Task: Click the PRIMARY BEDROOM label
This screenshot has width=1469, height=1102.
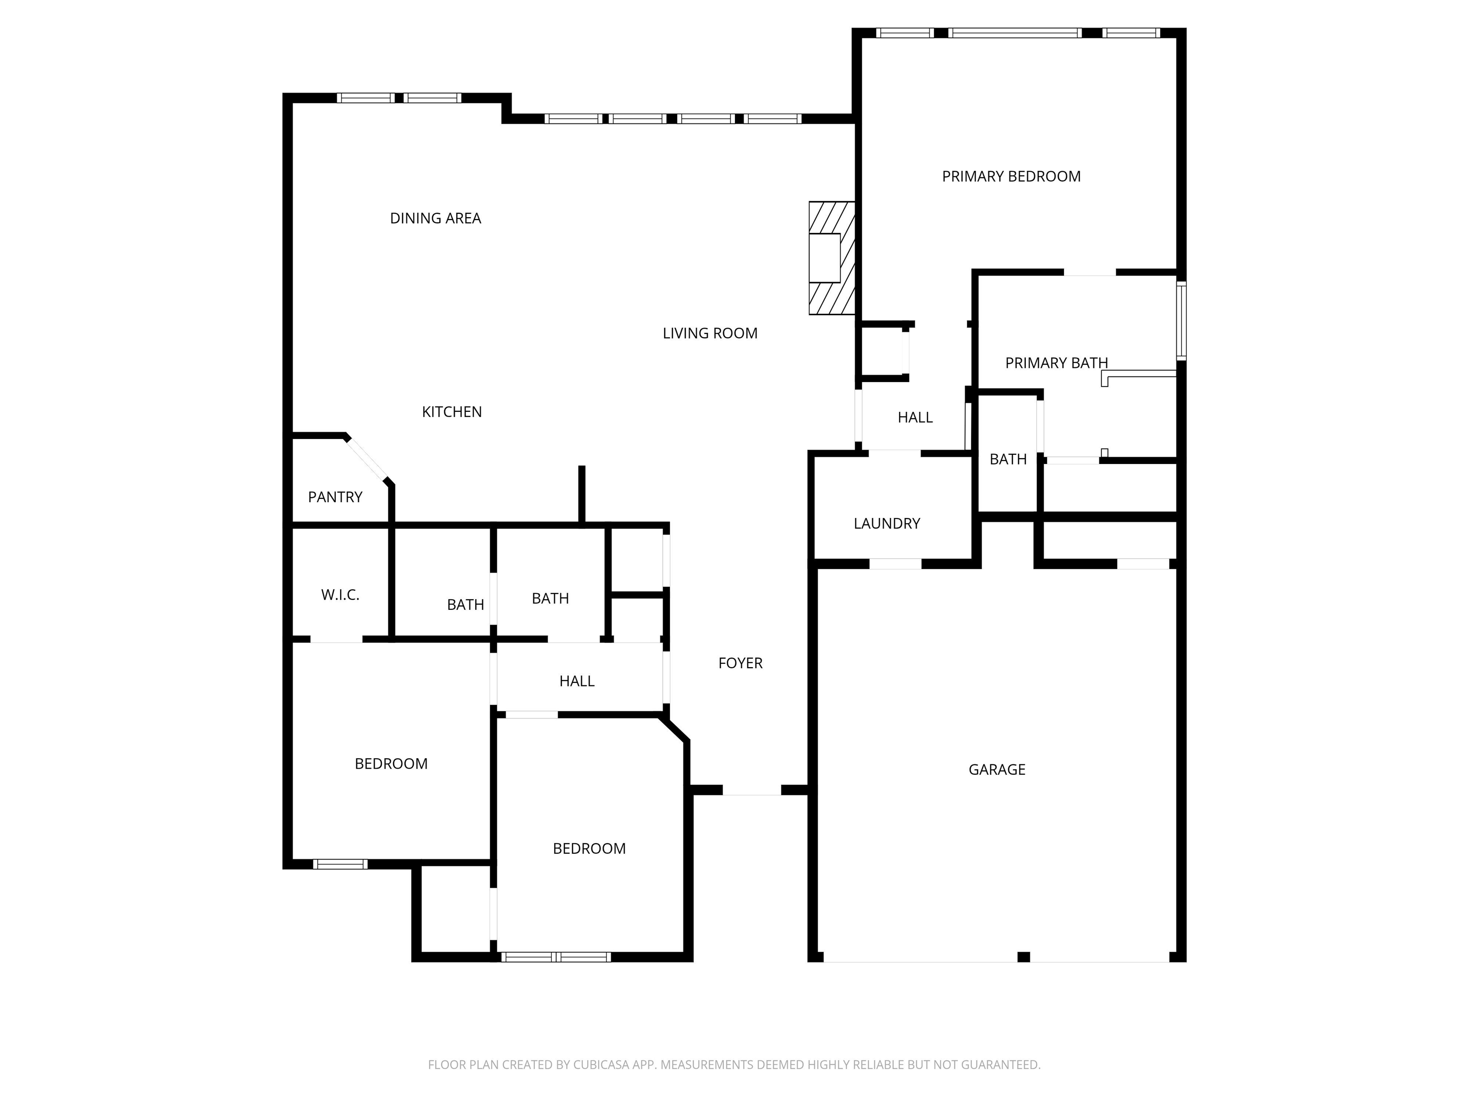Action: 1011,176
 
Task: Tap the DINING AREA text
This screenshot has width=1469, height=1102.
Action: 435,219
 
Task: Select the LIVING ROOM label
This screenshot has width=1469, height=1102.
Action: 710,333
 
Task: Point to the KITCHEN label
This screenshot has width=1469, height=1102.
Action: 451,412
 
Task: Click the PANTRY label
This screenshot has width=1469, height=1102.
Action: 335,497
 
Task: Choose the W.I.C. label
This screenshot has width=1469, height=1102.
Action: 340,595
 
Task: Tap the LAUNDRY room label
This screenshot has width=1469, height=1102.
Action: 887,523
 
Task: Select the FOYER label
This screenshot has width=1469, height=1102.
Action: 740,663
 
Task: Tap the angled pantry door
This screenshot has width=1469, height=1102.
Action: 367,458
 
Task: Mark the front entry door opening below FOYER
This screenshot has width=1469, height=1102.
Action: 752,791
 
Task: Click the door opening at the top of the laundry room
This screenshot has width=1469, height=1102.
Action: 895,454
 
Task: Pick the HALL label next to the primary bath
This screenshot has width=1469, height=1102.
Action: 915,418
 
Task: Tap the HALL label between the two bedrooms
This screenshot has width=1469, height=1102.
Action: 576,682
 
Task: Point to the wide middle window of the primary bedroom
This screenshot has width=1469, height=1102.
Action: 1015,33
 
